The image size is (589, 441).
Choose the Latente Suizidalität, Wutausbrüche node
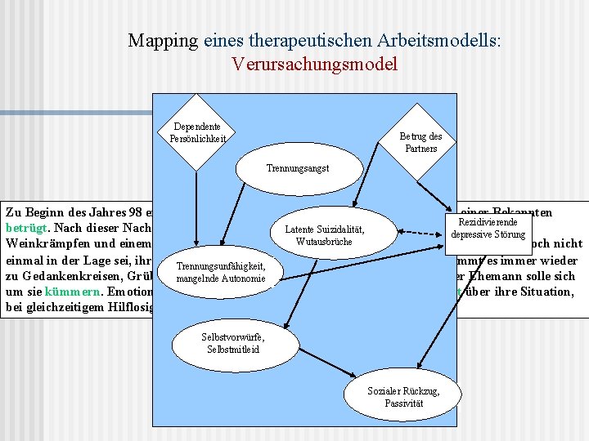(x=324, y=235)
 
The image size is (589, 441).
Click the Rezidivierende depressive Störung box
(x=487, y=229)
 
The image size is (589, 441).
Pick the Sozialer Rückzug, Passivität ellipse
(x=403, y=397)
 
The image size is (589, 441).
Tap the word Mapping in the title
(x=163, y=40)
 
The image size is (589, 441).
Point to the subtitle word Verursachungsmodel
(x=315, y=64)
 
